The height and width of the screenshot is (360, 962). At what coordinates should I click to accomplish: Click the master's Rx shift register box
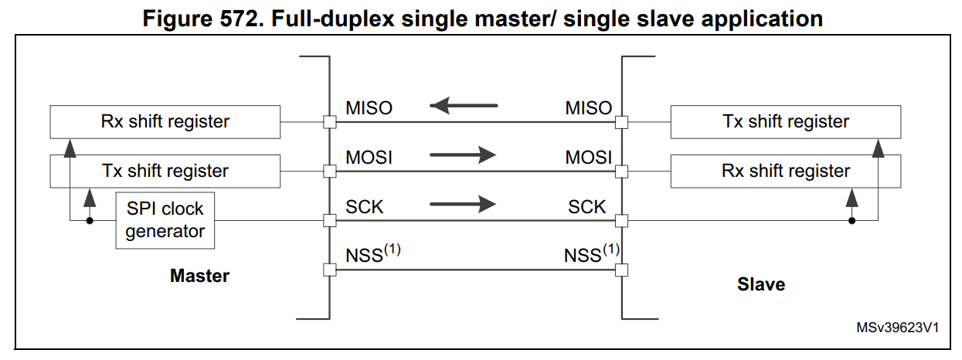[x=165, y=122]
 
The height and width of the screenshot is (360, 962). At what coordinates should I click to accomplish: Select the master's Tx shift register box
[x=165, y=171]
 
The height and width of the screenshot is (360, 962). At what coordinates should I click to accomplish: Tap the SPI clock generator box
[x=165, y=220]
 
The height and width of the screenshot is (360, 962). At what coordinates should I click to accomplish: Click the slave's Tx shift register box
[x=785, y=122]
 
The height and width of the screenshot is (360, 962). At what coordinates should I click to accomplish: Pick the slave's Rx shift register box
[x=785, y=171]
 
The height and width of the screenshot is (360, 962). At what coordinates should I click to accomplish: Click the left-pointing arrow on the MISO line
[x=464, y=106]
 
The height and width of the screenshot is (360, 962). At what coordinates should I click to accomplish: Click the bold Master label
[x=199, y=276]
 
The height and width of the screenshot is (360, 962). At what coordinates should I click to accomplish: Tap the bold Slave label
[x=761, y=284]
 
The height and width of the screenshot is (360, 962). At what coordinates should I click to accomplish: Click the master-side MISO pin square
[x=330, y=122]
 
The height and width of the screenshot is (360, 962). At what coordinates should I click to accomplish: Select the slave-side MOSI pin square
[x=621, y=172]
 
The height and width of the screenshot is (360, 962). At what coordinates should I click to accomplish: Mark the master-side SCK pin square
[x=330, y=221]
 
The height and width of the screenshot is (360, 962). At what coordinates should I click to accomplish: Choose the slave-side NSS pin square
[x=621, y=270]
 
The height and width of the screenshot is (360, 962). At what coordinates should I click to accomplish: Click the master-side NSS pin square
[x=330, y=270]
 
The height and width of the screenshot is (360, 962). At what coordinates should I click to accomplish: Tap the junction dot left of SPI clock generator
[x=90, y=221]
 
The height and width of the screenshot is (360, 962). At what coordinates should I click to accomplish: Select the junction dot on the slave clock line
[x=852, y=221]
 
